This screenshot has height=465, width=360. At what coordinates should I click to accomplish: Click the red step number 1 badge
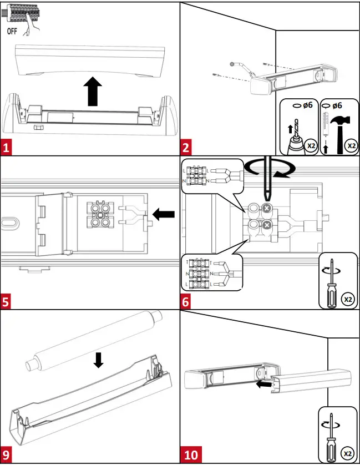pos(7,148)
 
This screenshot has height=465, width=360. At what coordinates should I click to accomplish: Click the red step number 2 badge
pos(187,148)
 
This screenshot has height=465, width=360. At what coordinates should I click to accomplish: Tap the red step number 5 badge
pos(7,302)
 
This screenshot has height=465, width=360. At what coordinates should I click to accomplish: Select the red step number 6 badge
pos(187,302)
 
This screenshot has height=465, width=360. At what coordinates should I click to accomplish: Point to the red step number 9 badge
pos(7,456)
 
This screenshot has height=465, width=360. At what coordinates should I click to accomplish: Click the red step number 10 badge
pos(190,456)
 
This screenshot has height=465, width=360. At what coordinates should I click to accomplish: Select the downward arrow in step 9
pos(98,360)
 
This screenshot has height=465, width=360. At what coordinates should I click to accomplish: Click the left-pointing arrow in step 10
pos(265,382)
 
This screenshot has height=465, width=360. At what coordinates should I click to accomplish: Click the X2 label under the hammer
pos(349,146)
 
